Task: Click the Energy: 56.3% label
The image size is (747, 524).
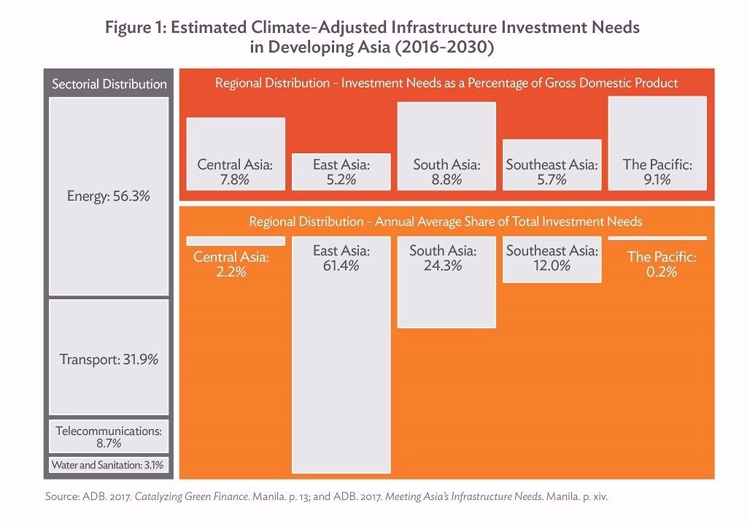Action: (x=108, y=196)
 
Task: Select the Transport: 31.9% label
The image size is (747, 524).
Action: (x=108, y=360)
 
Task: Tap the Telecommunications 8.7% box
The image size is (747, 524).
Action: (x=108, y=436)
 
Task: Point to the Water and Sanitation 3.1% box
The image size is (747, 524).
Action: (x=108, y=464)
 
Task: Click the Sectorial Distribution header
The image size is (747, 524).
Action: (x=109, y=84)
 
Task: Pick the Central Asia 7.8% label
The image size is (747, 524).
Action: (x=235, y=172)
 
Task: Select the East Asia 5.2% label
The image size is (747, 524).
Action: (x=341, y=172)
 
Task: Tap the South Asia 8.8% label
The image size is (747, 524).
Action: (x=446, y=172)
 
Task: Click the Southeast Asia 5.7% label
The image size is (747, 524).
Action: (x=551, y=172)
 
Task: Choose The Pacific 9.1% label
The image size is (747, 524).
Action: (x=657, y=172)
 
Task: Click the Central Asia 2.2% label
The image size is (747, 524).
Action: (x=231, y=264)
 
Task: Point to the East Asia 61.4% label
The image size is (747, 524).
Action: (x=341, y=258)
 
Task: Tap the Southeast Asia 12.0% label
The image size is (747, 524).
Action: (x=551, y=258)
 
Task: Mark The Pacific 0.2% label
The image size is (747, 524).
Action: (x=662, y=264)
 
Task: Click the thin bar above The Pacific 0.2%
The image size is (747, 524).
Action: (x=657, y=238)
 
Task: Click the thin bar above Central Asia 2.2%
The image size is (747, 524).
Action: (x=235, y=240)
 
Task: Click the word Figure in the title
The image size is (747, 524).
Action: (x=130, y=28)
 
